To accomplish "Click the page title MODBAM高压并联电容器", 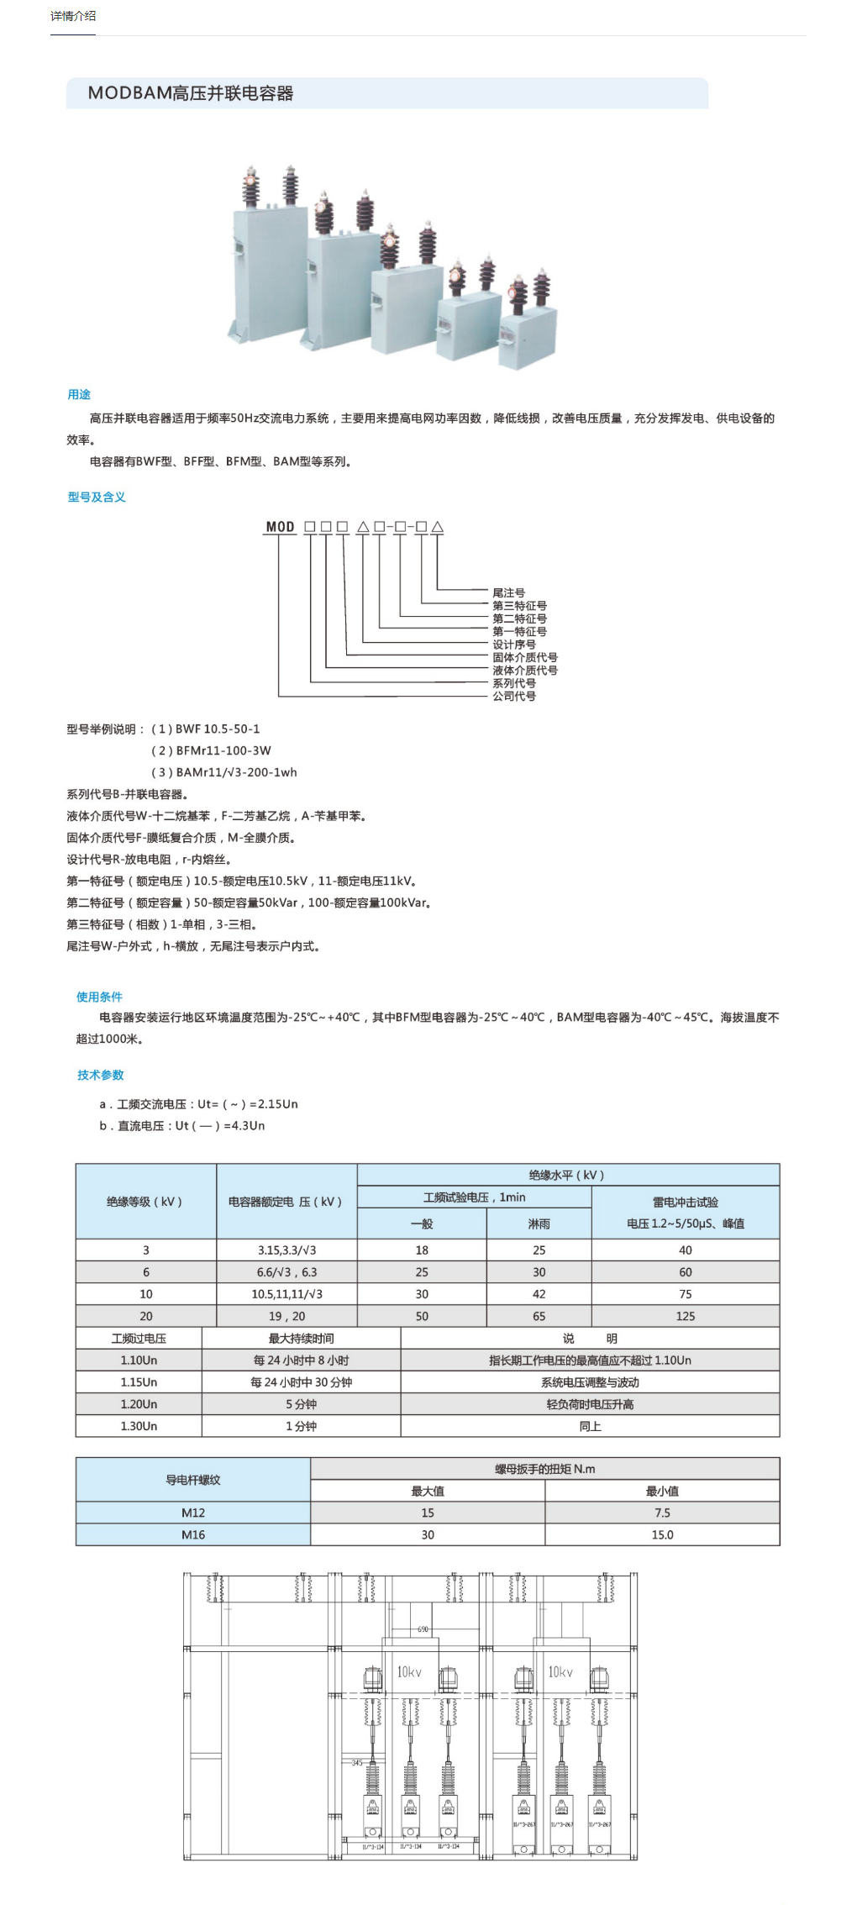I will coord(191,93).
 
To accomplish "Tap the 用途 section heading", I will coord(79,394).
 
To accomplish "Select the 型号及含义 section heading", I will coord(97,497).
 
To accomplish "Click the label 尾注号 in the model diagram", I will coord(508,592).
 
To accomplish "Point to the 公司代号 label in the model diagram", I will coord(514,696).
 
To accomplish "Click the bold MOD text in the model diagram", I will coord(281,527).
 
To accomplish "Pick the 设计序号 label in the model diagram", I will coord(514,645).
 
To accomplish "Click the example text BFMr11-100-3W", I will coord(223,750).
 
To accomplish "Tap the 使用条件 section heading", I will coord(99,997).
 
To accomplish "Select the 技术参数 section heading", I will coord(101,1075).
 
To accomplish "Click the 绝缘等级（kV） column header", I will coord(145,1202).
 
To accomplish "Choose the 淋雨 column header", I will coord(539,1224).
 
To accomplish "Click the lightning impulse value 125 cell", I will coord(685,1316).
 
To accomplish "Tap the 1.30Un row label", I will coord(139,1426).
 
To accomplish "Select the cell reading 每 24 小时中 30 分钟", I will coord(301,1382).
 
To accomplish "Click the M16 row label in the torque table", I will coord(193,1534).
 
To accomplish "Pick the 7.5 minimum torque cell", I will coord(662,1513).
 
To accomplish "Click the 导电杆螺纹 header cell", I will coord(193,1480).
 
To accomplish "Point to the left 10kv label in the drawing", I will coord(409,1672).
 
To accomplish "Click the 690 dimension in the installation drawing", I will coord(423,1629).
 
